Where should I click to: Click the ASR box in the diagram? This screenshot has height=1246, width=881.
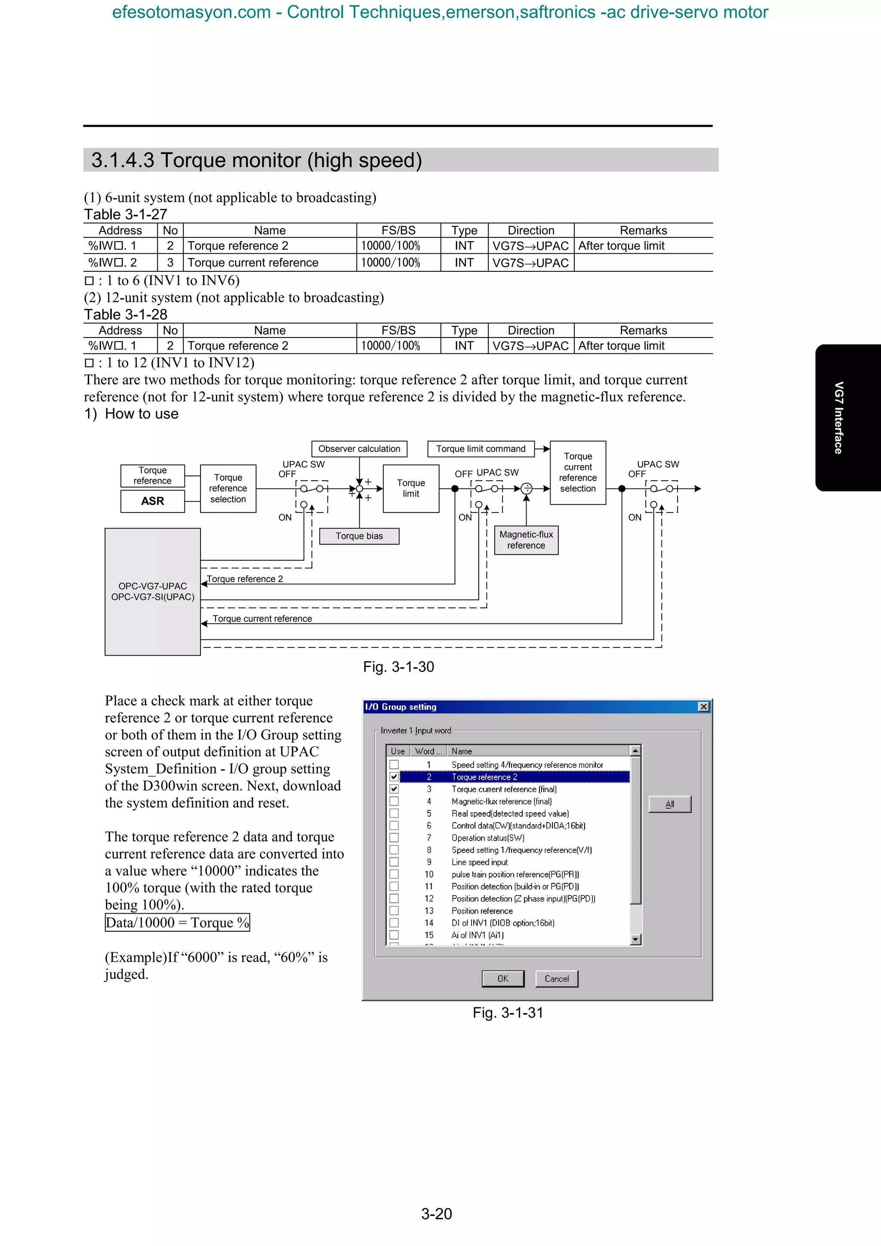[x=153, y=501]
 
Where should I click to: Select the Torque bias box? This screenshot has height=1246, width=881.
[x=359, y=536]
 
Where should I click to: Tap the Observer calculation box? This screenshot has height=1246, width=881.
[x=359, y=449]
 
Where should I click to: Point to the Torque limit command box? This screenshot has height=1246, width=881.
[x=481, y=449]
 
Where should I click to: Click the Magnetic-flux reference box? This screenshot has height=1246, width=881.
[x=526, y=540]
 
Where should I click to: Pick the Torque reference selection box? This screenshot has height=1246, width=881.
[x=228, y=488]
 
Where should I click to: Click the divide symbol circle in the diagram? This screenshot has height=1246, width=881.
[x=526, y=488]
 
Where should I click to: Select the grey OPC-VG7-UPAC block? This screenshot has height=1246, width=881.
[x=153, y=592]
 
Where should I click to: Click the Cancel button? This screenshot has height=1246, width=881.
[x=556, y=979]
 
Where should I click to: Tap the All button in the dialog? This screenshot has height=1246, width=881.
[x=669, y=804]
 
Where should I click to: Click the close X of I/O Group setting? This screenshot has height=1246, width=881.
[x=703, y=706]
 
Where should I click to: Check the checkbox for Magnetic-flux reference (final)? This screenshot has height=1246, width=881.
[x=394, y=801]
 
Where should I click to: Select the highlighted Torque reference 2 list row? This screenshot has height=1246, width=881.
[x=514, y=776]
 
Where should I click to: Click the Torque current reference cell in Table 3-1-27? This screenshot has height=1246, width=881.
[x=253, y=263]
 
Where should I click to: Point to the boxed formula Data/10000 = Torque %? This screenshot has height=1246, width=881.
[x=178, y=923]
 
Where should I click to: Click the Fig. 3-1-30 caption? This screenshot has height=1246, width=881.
[x=398, y=666]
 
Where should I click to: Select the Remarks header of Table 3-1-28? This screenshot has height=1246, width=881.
[x=643, y=331]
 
